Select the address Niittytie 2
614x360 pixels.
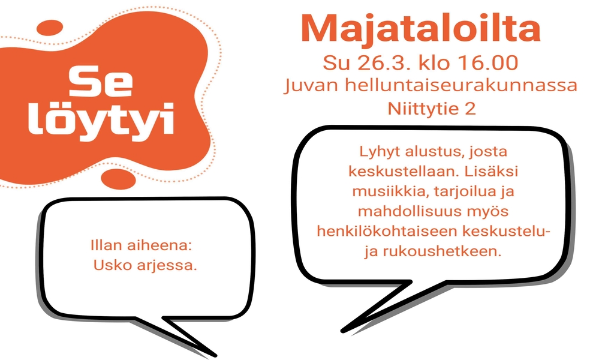(432, 109)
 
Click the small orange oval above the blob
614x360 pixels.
(50, 28)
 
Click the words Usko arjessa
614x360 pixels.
(145, 266)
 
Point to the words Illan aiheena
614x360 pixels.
(142, 245)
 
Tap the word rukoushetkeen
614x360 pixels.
(442, 251)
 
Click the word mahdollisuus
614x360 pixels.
(408, 211)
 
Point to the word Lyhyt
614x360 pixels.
(379, 152)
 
